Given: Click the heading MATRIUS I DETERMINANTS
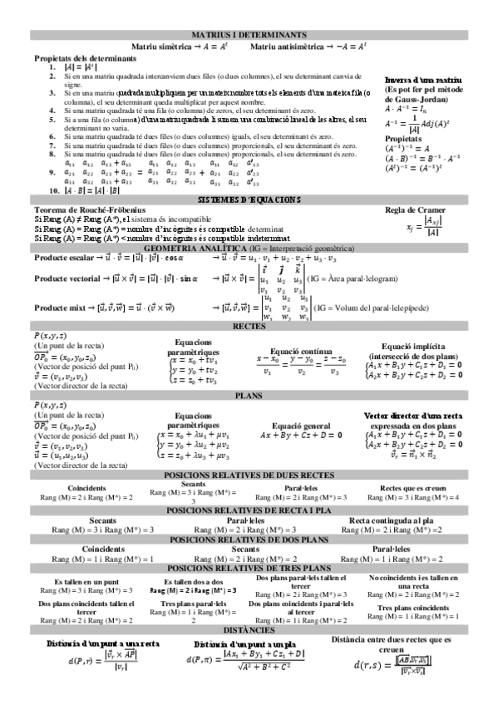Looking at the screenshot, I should click(249, 37).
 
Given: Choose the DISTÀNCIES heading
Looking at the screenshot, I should click(249, 630).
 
